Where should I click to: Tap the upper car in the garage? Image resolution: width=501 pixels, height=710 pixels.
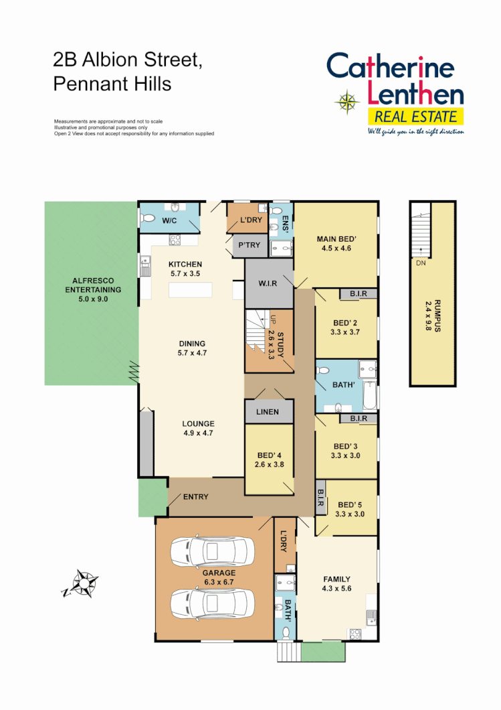pos(211,551)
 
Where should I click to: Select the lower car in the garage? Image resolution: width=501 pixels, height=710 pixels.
pos(211,603)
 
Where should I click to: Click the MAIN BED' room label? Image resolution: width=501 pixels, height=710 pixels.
pos(336,239)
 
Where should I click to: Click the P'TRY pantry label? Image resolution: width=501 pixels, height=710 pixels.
pos(249,245)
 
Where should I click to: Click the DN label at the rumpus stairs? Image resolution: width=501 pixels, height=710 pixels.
pos(421,263)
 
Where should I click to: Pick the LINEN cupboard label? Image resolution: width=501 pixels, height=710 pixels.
pos(268,412)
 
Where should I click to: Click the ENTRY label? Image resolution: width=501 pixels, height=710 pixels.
pos(195,497)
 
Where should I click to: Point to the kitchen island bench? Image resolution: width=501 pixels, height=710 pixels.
pos(190,290)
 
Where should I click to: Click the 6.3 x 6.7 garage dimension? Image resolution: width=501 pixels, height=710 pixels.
pos(219,582)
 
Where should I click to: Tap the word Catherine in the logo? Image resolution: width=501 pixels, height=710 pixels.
pos(391,68)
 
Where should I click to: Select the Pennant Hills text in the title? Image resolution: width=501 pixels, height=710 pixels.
pos(112,84)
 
